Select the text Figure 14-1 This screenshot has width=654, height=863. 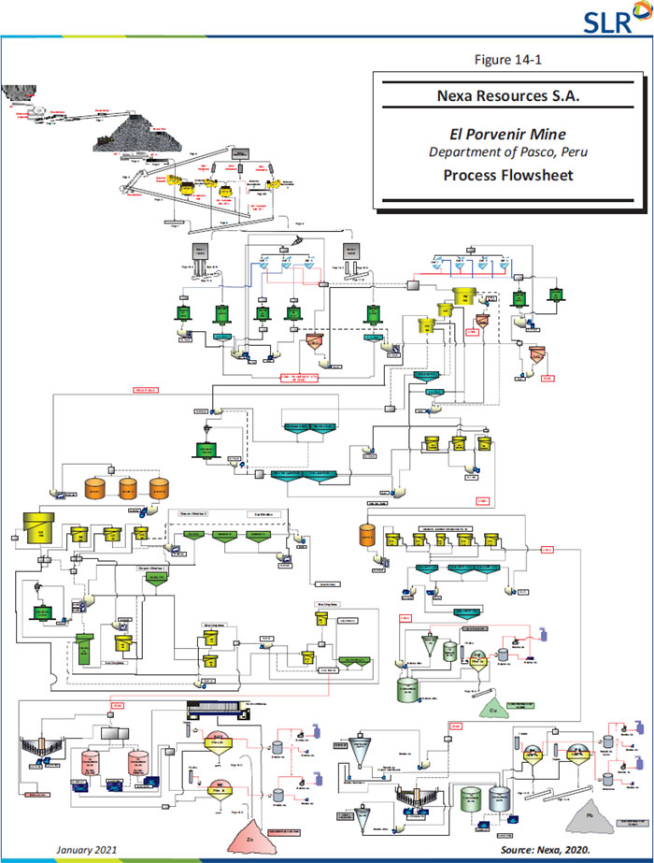point(508,60)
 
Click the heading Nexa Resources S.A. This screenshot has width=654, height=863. point(508,96)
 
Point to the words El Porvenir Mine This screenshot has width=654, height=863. point(508,136)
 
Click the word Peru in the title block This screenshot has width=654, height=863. point(569,152)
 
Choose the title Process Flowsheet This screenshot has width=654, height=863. point(508,175)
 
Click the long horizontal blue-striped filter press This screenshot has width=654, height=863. point(224,711)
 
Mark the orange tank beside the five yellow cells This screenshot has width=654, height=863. point(367,537)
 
